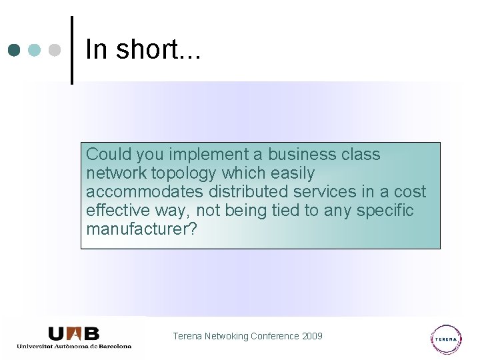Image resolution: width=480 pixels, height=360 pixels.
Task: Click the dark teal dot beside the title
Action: point(15,50)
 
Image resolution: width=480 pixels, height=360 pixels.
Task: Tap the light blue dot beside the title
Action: point(35,50)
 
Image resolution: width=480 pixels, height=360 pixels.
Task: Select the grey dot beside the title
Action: point(55,50)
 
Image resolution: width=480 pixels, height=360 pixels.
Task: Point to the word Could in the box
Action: point(109,155)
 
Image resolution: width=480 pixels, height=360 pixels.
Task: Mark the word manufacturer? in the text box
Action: point(142,229)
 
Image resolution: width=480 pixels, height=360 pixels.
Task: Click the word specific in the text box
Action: point(385,211)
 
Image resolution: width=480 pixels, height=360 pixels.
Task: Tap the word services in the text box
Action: point(326,192)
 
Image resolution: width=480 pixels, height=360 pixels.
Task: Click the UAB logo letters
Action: point(74,333)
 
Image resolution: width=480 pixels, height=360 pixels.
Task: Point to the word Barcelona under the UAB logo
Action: point(114,346)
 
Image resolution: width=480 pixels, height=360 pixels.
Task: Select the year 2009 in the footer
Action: point(312,336)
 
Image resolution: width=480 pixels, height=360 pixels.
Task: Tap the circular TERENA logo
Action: point(446,339)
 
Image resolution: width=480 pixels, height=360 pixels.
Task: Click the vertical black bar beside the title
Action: point(71,50)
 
